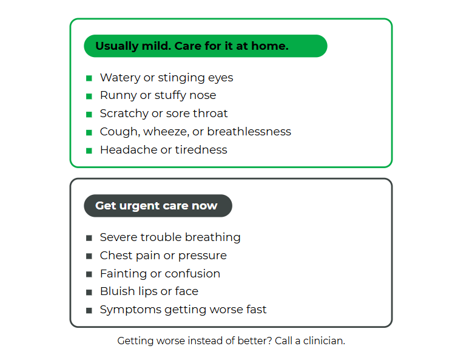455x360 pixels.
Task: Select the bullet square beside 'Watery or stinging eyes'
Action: coord(89,78)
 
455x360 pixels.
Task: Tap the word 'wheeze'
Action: coord(166,132)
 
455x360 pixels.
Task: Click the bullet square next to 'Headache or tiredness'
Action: coord(89,151)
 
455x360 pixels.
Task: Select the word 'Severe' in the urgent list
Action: coord(118,237)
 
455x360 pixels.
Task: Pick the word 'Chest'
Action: coord(116,256)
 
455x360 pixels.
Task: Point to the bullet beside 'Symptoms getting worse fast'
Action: coord(89,311)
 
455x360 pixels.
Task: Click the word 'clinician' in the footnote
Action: coord(324,341)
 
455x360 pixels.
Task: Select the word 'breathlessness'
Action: coord(249,132)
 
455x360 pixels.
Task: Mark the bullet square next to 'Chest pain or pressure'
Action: coord(89,256)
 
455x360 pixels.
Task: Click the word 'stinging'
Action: coord(181,78)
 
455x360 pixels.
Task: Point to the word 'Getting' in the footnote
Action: coord(135,341)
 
